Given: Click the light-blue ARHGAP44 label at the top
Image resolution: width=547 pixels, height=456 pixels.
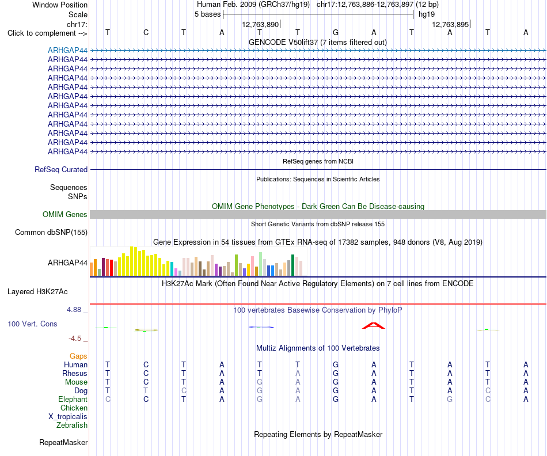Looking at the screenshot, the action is tap(68, 50).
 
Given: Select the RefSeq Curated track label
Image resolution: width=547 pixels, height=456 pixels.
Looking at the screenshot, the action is tap(61, 170).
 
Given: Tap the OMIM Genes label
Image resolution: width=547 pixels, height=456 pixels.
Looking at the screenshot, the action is tap(65, 215).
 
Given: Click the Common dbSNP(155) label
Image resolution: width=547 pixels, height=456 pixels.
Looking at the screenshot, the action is tap(51, 233).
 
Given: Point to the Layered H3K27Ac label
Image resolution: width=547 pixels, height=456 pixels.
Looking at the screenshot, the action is tap(37, 292).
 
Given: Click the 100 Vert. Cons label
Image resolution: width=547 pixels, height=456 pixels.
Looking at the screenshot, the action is tap(32, 324).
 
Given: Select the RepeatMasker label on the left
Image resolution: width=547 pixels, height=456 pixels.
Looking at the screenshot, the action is tap(63, 442).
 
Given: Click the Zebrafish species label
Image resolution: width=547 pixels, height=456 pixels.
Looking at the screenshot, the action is tap(72, 425).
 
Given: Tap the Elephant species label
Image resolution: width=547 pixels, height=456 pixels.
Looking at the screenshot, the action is tap(73, 399).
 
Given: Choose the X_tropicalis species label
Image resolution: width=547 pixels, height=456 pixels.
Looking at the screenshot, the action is tap(68, 417).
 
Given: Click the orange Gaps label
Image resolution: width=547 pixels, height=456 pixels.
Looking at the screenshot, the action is tap(78, 356).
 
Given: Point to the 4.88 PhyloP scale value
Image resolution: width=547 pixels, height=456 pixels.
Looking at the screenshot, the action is tap(74, 309).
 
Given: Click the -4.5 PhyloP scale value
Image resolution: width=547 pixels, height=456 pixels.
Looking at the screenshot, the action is tap(75, 339).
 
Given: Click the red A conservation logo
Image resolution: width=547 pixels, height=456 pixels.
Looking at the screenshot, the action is tap(373, 326).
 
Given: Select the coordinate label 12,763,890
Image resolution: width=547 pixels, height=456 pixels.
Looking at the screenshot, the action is tap(260, 24).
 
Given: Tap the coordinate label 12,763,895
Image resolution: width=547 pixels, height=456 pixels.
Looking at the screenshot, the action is tap(450, 24).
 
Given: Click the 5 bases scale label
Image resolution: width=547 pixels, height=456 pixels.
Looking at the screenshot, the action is tap(207, 14).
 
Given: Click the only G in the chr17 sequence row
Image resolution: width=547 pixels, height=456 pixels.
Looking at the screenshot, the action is tap(336, 32).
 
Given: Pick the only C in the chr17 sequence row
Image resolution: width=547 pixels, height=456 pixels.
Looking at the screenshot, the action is tap(146, 32).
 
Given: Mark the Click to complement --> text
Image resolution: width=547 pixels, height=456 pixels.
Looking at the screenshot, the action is tap(47, 33).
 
